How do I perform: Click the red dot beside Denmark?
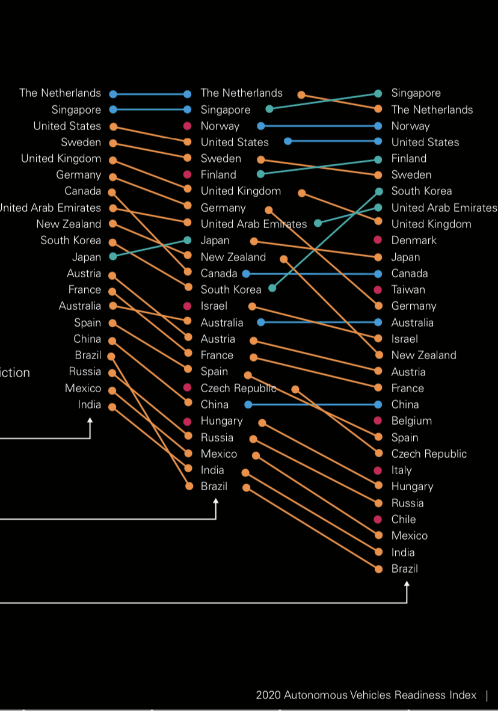pyautogui.click(x=378, y=240)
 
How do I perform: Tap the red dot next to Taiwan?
pyautogui.click(x=378, y=289)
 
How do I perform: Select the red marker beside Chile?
pyautogui.click(x=378, y=519)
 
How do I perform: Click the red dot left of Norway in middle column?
pyautogui.click(x=187, y=126)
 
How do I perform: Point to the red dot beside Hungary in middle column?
pyautogui.click(x=187, y=421)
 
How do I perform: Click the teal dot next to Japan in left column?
pyautogui.click(x=112, y=257)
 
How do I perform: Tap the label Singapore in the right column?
pyautogui.click(x=416, y=93)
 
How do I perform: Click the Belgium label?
pyautogui.click(x=411, y=421)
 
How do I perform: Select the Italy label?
pyautogui.click(x=401, y=470)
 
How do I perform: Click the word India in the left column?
pyautogui.click(x=89, y=405)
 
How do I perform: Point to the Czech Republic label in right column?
pyautogui.click(x=429, y=454)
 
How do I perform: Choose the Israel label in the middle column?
pyautogui.click(x=214, y=306)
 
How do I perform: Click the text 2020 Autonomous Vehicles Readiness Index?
pyautogui.click(x=366, y=695)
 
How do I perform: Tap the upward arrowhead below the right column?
pyautogui.click(x=407, y=583)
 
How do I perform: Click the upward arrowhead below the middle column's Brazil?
pyautogui.click(x=216, y=500)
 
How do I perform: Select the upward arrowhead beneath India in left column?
pyautogui.click(x=90, y=420)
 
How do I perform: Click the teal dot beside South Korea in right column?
pyautogui.click(x=379, y=191)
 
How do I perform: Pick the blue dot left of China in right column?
pyautogui.click(x=378, y=404)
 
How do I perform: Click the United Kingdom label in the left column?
pyautogui.click(x=61, y=159)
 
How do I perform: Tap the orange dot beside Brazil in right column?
pyautogui.click(x=378, y=568)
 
